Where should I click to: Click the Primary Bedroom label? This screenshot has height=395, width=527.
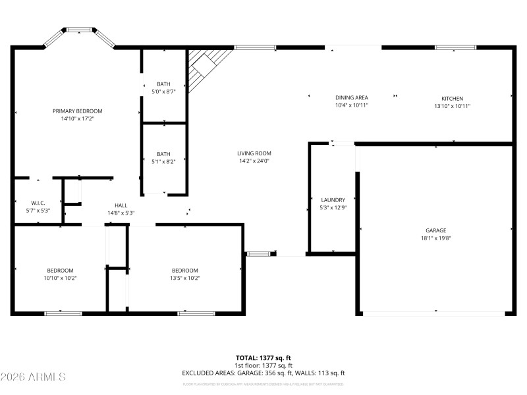click(78, 111)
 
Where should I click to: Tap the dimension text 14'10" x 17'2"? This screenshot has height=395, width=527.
click(78, 119)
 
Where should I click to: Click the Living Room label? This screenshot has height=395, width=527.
click(254, 153)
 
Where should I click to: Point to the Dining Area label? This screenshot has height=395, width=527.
click(351, 97)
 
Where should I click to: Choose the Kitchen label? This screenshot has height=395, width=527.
click(452, 98)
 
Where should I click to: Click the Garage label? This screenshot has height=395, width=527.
click(435, 230)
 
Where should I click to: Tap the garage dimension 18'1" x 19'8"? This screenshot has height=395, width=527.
click(435, 238)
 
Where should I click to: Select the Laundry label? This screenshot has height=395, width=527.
click(333, 199)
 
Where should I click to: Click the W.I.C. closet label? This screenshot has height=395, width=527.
click(38, 203)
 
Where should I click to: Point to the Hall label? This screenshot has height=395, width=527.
click(121, 205)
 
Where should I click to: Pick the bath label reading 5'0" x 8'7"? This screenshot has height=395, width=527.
click(163, 92)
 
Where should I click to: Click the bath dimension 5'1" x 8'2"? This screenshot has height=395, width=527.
click(163, 161)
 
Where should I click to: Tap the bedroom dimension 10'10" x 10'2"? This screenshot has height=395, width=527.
click(59, 278)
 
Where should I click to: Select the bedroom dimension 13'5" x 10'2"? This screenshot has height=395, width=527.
click(185, 278)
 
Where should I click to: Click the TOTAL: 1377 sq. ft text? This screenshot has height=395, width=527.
click(263, 357)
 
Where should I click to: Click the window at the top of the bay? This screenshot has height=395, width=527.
click(79, 29)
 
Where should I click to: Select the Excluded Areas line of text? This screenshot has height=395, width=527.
click(263, 373)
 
